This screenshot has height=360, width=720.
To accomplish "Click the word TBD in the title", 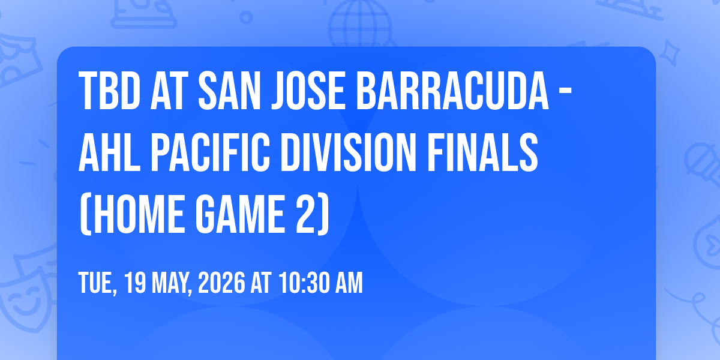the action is [x=110, y=91].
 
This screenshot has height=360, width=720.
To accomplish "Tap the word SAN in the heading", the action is [x=229, y=91].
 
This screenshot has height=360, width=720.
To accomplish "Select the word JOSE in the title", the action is [x=308, y=91].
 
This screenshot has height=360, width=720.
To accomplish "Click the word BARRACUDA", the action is [x=452, y=91].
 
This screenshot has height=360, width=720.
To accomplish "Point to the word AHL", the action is [x=110, y=152].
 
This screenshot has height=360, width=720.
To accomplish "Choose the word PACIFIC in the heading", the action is [x=210, y=152].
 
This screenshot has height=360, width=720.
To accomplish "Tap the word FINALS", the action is [x=482, y=152].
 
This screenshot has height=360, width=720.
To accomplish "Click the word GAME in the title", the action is [x=240, y=214].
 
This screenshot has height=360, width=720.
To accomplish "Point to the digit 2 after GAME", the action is [x=305, y=214].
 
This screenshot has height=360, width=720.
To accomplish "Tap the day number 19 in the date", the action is [x=135, y=283].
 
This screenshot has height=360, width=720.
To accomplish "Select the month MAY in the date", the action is [x=172, y=283].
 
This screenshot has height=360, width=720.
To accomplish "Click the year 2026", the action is [x=221, y=283].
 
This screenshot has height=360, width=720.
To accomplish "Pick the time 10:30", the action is [x=304, y=283].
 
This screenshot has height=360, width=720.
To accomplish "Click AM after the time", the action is [x=349, y=283].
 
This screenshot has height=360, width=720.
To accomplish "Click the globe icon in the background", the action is [x=360, y=24].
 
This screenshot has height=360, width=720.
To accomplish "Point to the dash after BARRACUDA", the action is [x=565, y=92].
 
